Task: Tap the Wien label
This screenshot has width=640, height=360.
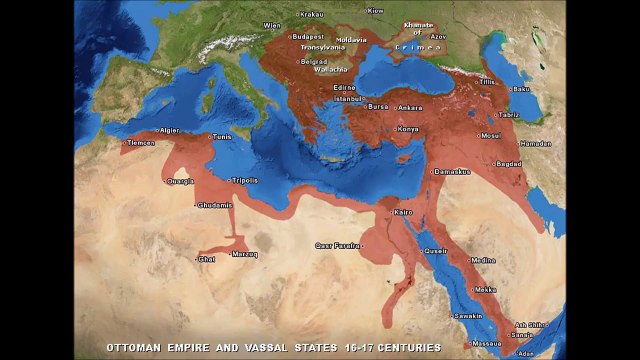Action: point(271,26)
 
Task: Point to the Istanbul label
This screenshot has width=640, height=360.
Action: point(347,100)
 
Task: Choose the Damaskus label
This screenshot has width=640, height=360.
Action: point(452,171)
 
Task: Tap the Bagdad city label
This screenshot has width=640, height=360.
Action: point(509,163)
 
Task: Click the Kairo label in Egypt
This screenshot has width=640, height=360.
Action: point(403,212)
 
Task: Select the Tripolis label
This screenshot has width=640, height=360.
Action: point(245,180)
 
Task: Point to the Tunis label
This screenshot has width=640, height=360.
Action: point(222,136)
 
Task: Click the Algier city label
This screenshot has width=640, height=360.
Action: point(170,130)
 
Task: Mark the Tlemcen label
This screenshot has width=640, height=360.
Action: point(141,143)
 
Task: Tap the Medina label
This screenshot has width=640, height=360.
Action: point(483,260)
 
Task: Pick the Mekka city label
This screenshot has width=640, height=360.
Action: point(485,290)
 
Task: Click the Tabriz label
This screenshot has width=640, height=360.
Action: point(509,115)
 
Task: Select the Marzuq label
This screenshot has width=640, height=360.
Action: point(246,254)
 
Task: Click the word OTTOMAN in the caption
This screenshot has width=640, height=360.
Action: point(138,348)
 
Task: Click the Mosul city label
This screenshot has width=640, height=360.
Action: point(490,135)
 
